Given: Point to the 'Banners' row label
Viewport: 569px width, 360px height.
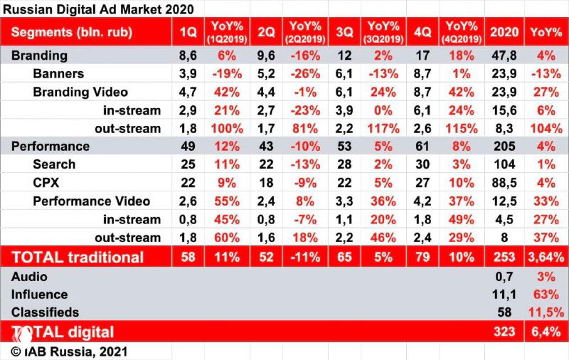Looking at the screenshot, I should click(58, 73).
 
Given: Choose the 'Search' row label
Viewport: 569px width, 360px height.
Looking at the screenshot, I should click(54, 164).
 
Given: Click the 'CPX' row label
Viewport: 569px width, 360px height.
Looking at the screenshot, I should click(46, 182).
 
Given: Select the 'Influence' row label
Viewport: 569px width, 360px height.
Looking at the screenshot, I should click(39, 294).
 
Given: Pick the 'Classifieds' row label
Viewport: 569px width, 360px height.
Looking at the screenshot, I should click(45, 312).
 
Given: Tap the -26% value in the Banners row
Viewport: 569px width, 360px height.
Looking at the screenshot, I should click(304, 73).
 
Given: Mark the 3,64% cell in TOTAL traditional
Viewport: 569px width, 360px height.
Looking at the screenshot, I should click(547, 257).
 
